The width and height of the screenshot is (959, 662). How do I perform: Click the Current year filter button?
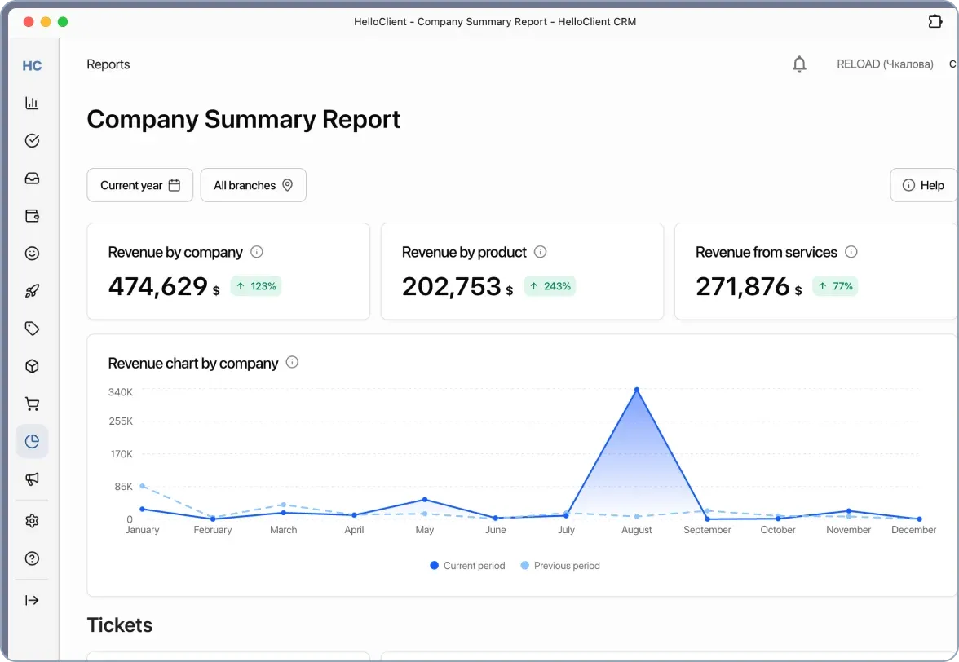tap(139, 185)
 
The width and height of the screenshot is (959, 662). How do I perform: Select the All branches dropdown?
tap(253, 185)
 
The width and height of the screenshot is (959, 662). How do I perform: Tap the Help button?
tap(923, 185)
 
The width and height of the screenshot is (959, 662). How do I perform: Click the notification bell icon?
tap(799, 64)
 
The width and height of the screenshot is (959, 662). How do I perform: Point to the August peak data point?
tap(637, 390)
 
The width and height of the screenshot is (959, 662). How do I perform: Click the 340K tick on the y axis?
tap(121, 392)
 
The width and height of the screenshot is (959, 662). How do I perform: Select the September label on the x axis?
tap(707, 530)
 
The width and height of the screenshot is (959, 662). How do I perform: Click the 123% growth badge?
tap(256, 286)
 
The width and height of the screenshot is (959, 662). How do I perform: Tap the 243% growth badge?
tap(550, 286)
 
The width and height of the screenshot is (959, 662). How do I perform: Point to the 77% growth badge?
tap(835, 286)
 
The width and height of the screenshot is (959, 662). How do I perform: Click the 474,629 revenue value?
tap(158, 286)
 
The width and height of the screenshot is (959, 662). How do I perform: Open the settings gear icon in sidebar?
tap(32, 521)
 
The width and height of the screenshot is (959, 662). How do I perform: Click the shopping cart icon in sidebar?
tap(32, 404)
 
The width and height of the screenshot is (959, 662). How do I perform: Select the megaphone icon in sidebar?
tap(32, 479)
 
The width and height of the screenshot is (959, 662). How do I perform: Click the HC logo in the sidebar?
tap(32, 66)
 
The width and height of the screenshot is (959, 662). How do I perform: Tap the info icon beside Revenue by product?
tap(540, 252)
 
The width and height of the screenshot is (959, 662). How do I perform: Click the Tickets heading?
tap(120, 625)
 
